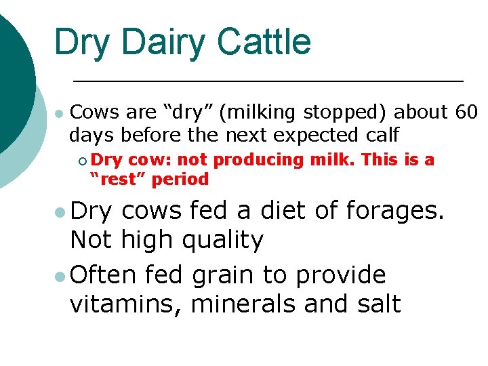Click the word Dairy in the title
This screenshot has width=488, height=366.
tap(161, 42)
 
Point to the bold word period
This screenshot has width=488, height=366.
tap(181, 180)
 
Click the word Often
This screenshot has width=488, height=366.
tap(102, 275)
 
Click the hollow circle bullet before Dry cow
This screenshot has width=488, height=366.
tap(82, 161)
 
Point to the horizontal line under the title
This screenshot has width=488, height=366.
tap(268, 81)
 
